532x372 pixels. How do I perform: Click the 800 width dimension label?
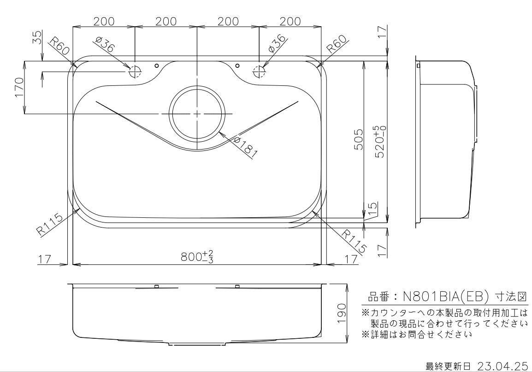197,257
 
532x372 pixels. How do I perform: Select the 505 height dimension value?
359,139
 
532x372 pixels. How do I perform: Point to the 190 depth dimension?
341,313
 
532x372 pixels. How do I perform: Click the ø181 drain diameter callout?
245,148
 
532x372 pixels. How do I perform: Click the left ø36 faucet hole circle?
135,72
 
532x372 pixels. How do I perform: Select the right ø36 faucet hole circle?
259,72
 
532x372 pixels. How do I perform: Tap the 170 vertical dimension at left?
19,87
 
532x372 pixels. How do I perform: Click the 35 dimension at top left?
37,37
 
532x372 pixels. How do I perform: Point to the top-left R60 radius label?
59,46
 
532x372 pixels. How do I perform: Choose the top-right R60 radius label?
337,44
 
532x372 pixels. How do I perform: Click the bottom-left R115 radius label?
50,224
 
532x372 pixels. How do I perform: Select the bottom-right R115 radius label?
354,241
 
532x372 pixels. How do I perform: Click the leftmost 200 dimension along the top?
104,21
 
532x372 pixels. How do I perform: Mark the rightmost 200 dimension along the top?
290,21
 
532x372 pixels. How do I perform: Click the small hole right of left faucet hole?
156,65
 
